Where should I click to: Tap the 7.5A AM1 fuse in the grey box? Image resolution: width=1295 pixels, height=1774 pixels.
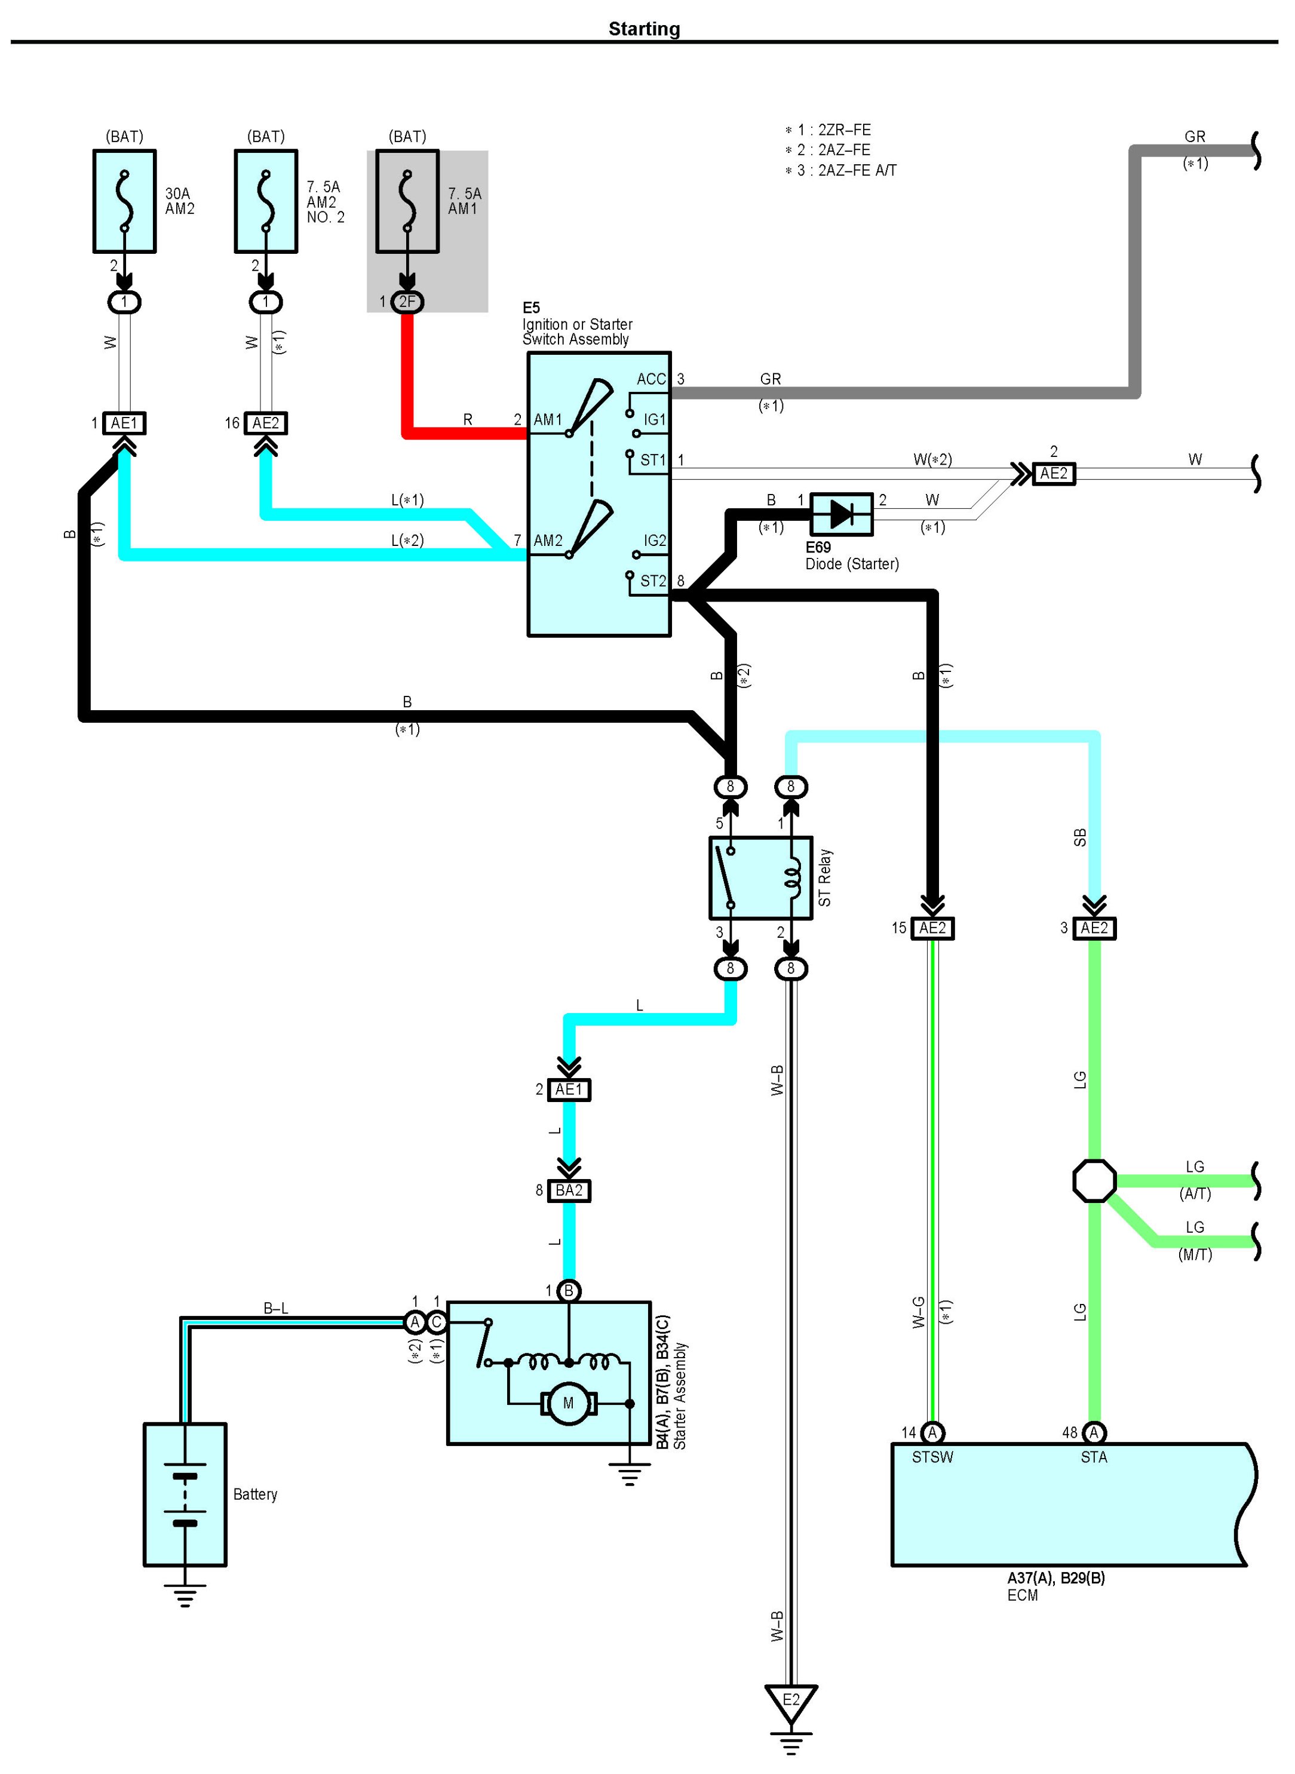coord(407,201)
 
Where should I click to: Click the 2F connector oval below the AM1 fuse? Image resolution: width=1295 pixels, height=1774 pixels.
coord(407,302)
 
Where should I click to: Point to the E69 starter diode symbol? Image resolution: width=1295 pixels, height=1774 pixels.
coord(841,514)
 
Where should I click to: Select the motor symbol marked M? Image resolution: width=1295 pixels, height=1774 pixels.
coord(568,1403)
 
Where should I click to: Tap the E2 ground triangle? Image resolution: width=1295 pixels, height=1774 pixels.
coord(791,1701)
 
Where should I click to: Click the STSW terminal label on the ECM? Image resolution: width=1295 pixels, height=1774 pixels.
coord(932,1457)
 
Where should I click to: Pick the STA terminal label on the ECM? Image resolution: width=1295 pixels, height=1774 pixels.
coord(1094,1457)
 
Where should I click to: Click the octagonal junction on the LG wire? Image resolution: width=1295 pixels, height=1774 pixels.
coord(1094,1181)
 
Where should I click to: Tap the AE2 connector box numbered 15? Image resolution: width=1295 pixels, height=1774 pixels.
coord(932,928)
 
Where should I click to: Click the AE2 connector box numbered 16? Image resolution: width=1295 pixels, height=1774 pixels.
coord(266,423)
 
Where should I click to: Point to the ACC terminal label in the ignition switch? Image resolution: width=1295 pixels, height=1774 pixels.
coord(650,379)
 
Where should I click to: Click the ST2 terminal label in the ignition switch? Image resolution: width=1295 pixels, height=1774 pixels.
coord(653,581)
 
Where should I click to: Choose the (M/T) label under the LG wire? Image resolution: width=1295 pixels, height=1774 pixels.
coord(1195,1254)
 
